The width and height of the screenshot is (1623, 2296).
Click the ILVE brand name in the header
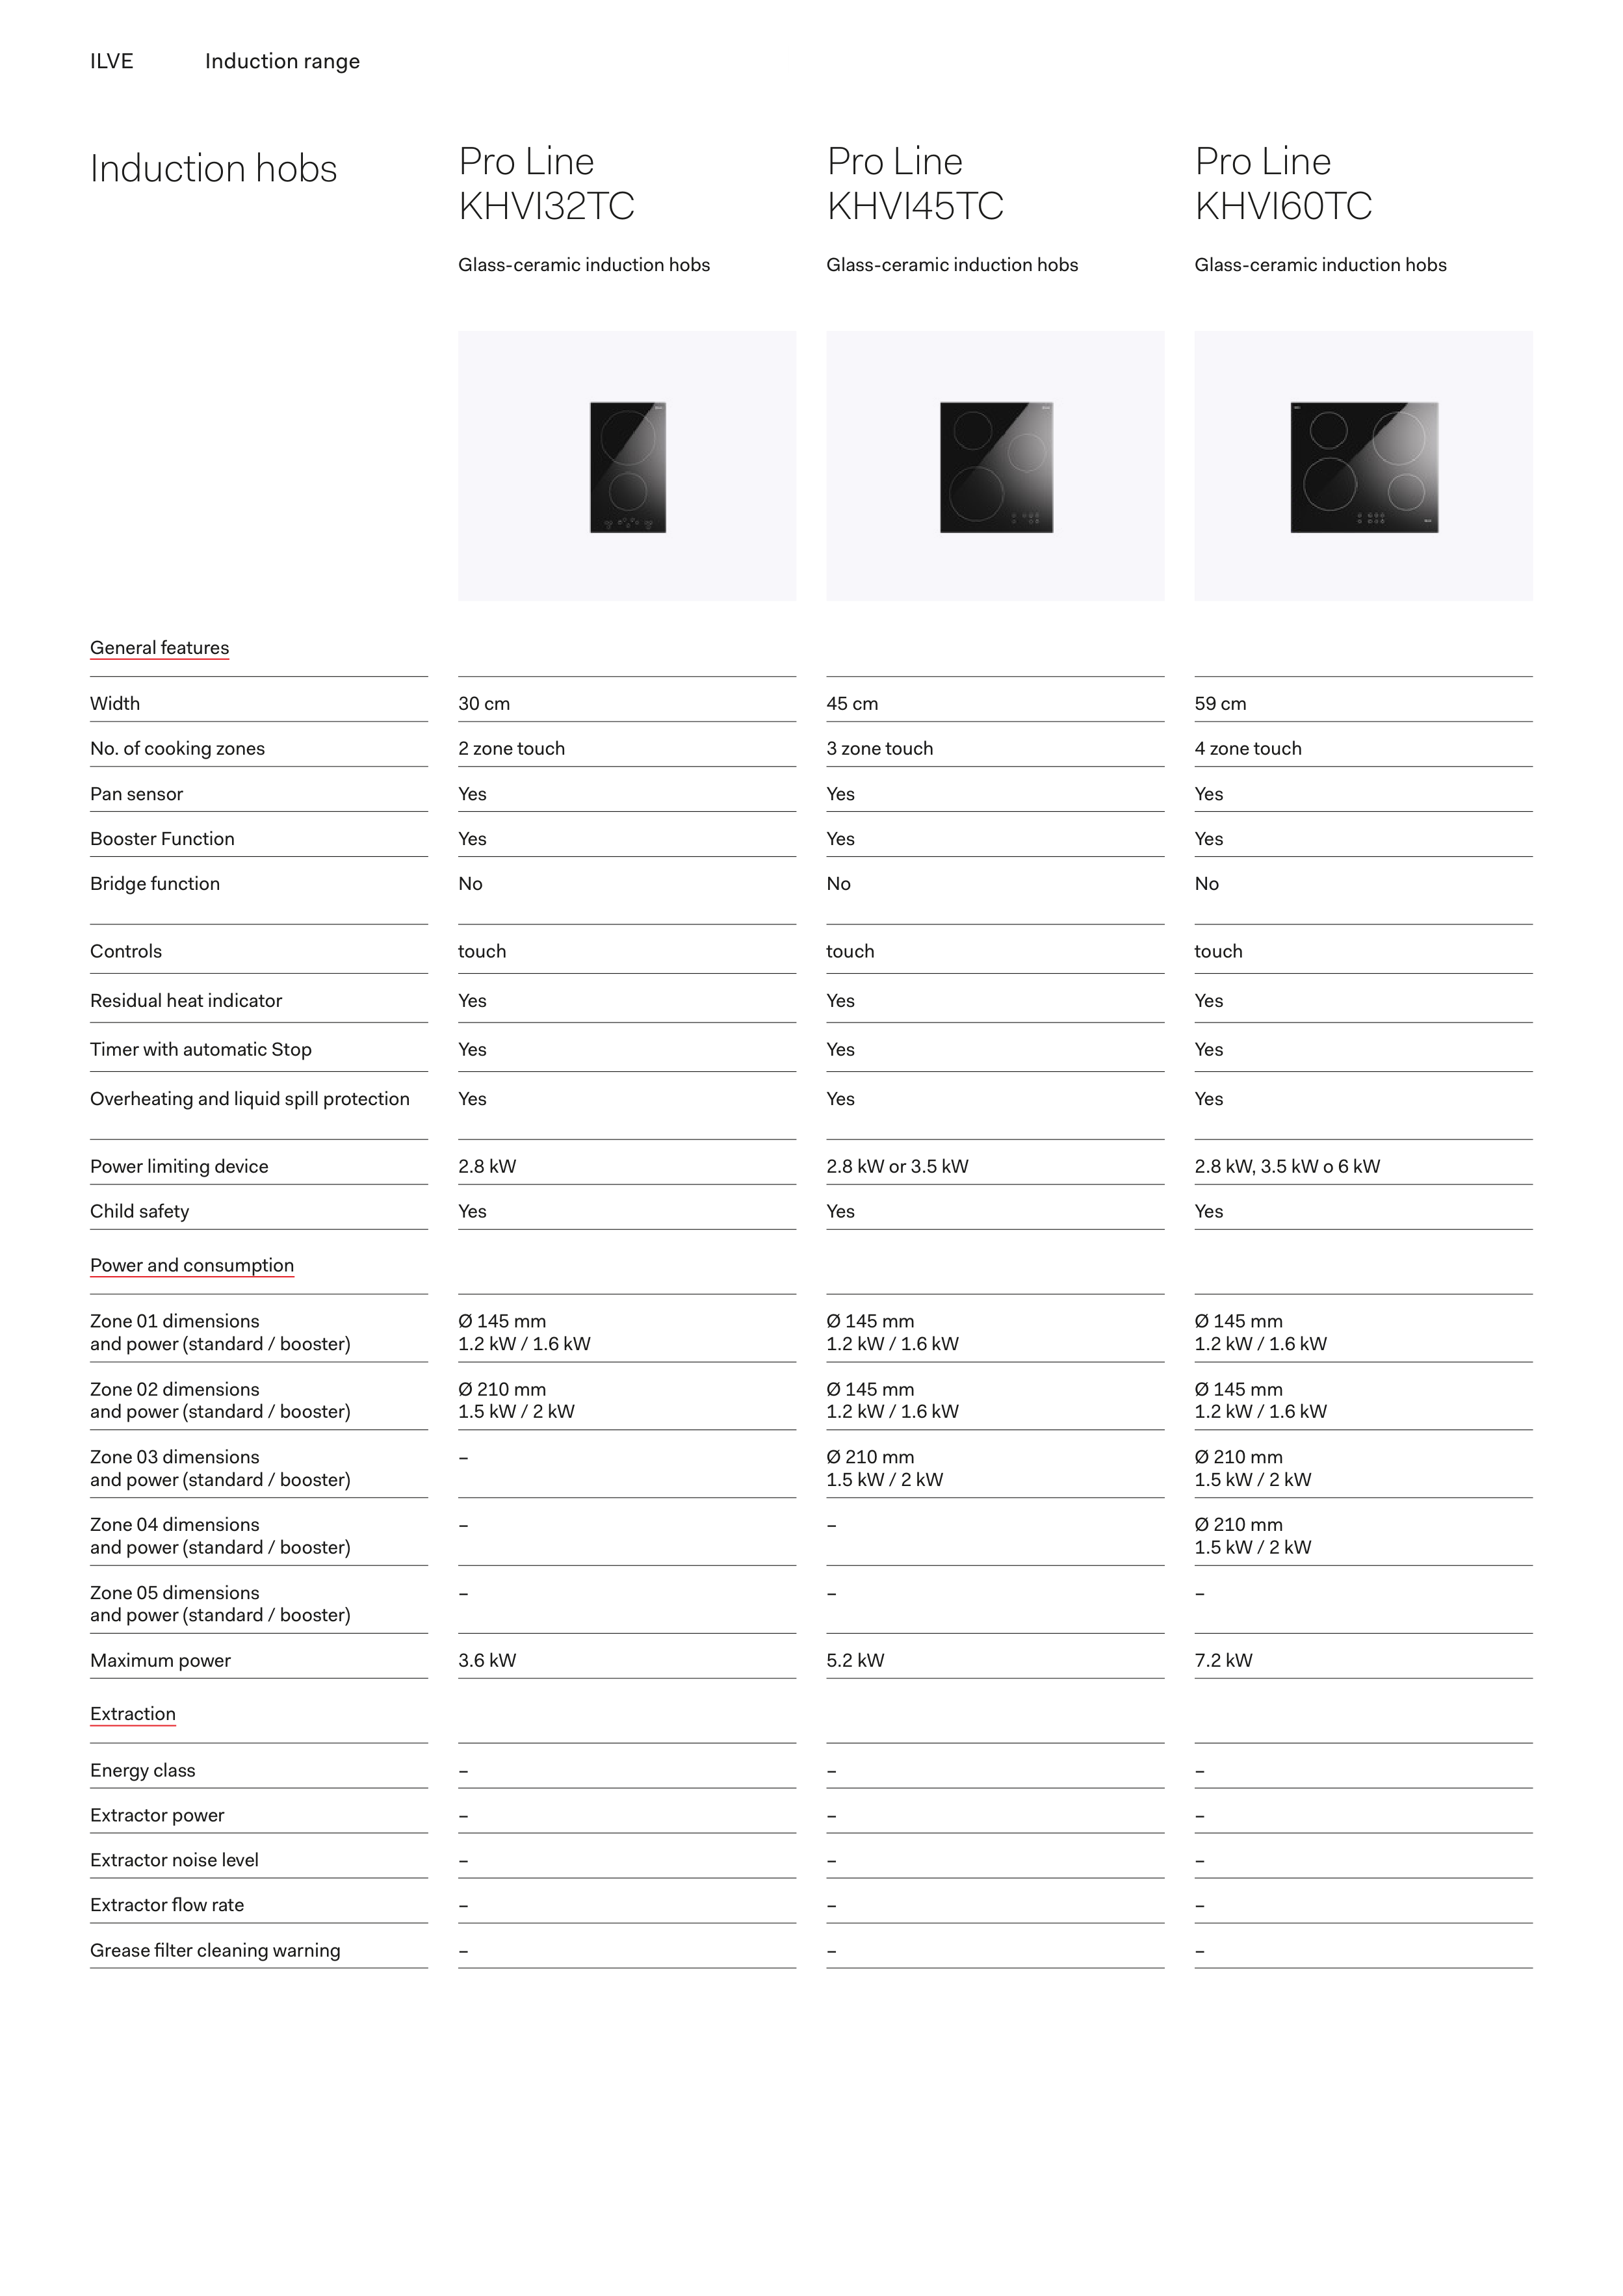(111, 61)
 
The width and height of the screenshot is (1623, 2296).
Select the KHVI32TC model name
(546, 206)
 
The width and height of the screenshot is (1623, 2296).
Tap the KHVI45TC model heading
(914, 206)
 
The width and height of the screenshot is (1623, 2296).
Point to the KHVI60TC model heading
(1283, 206)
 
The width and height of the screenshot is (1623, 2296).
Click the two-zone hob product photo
(628, 467)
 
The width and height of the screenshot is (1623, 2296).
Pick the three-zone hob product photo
(996, 467)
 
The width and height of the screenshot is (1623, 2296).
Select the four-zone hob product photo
(1364, 467)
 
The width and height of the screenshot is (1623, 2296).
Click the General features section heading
(159, 648)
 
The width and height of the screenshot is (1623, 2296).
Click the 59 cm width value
(1220, 704)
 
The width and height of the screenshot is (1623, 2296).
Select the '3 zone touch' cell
(879, 749)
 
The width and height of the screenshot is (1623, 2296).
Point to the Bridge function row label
(155, 884)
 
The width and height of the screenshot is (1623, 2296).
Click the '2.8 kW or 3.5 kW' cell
(897, 1166)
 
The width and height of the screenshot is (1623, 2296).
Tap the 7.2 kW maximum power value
(1223, 1660)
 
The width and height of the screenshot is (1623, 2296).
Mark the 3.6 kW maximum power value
(487, 1660)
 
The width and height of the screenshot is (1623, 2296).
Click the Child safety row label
(139, 1211)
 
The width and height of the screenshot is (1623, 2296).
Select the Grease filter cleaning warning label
(215, 1950)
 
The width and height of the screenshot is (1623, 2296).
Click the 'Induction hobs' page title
(213, 169)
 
